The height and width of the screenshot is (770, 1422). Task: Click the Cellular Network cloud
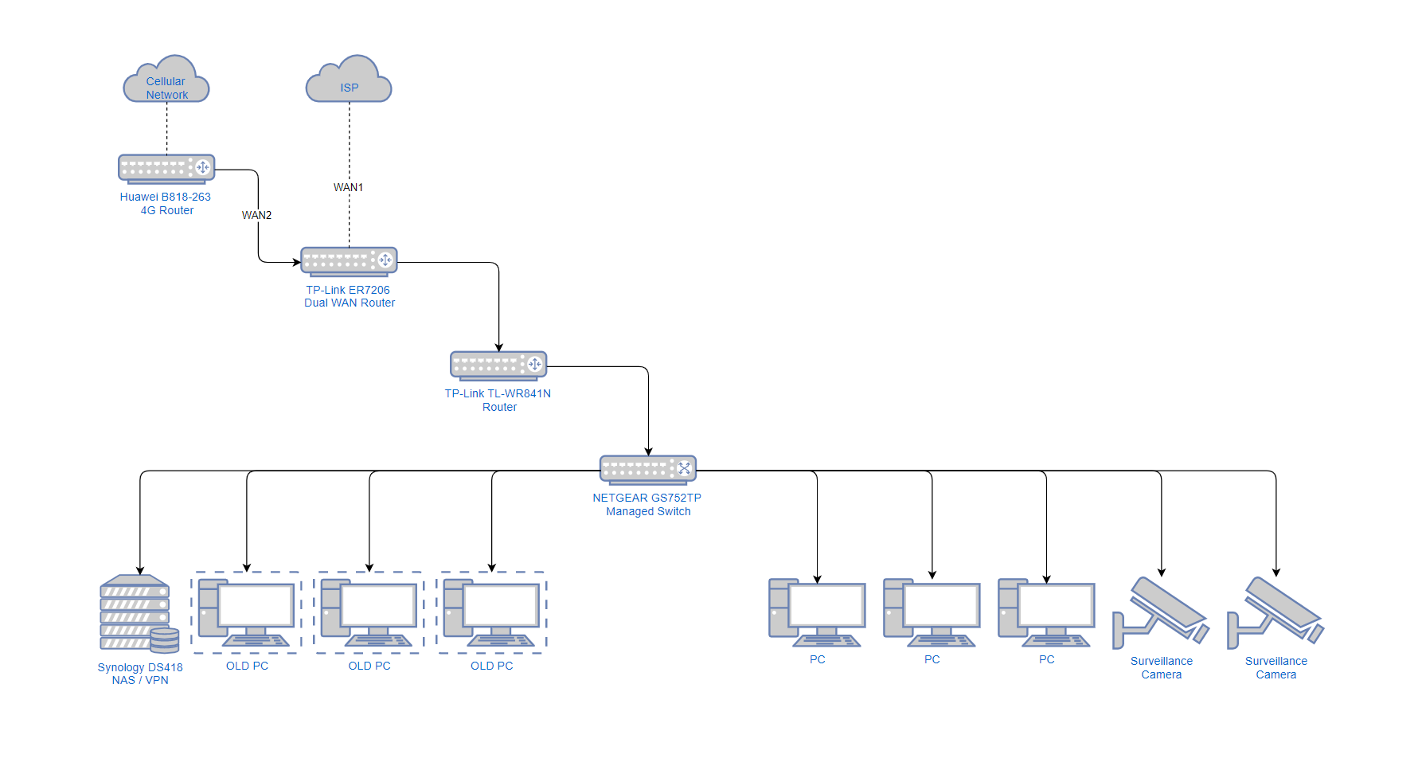pyautogui.click(x=166, y=81)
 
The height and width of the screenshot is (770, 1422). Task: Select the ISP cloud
pyautogui.click(x=349, y=81)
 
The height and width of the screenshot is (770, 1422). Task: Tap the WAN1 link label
pyautogui.click(x=348, y=187)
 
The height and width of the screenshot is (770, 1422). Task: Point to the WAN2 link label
pyautogui.click(x=256, y=215)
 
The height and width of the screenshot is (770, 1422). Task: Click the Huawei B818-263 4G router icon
pyautogui.click(x=166, y=168)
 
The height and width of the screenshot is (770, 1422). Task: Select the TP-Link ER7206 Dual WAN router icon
pyautogui.click(x=349, y=261)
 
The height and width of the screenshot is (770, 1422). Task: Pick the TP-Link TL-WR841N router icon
pyautogui.click(x=498, y=365)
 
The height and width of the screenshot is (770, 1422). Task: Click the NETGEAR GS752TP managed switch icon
pyautogui.click(x=648, y=470)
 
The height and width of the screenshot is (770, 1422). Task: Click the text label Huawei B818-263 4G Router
pyautogui.click(x=166, y=203)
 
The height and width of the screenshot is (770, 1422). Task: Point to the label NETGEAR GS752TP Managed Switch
pyautogui.click(x=647, y=504)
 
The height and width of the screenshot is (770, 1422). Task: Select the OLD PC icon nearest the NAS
pyautogui.click(x=247, y=612)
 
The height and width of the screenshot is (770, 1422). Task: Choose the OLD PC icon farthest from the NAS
pyautogui.click(x=492, y=612)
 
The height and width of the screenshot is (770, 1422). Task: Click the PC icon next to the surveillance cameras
pyautogui.click(x=1046, y=612)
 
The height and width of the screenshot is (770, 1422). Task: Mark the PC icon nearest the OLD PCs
pyautogui.click(x=817, y=612)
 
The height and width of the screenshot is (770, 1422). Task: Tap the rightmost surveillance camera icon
pyautogui.click(x=1276, y=612)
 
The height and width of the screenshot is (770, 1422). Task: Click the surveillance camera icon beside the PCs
pyautogui.click(x=1161, y=612)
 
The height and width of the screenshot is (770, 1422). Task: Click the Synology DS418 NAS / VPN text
pyautogui.click(x=140, y=674)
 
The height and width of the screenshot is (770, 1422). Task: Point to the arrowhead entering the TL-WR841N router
pyautogui.click(x=499, y=347)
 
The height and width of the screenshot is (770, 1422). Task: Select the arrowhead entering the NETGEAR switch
pyautogui.click(x=648, y=451)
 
